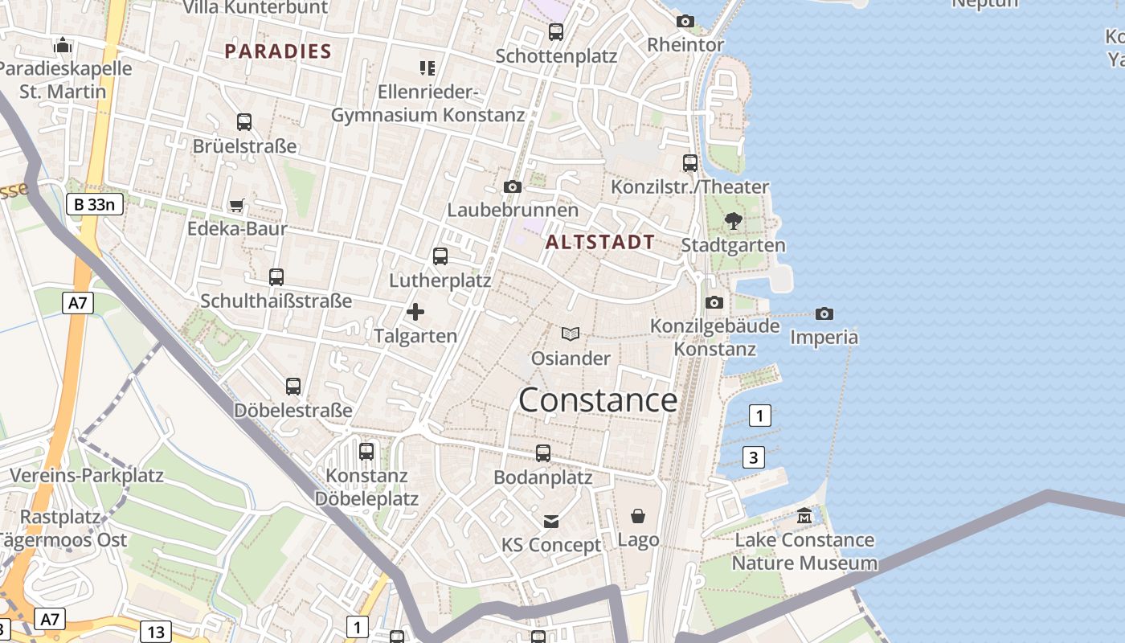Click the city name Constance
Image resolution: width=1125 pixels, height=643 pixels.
click(598, 400)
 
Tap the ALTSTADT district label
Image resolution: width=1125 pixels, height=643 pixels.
click(600, 242)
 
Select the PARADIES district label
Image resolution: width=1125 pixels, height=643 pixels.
click(278, 51)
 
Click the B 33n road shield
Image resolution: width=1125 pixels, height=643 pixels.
click(94, 204)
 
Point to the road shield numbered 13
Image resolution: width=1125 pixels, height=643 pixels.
click(156, 632)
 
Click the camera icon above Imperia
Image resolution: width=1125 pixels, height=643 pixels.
click(824, 313)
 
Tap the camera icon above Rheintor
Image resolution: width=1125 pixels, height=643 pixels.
click(685, 21)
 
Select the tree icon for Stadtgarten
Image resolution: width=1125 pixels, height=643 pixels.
click(733, 221)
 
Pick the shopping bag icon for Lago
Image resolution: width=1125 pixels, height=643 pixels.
click(638, 516)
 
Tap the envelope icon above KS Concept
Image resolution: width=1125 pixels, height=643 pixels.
click(551, 522)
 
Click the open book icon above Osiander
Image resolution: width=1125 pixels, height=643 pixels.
click(571, 334)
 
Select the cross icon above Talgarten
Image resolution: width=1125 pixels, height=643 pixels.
click(415, 312)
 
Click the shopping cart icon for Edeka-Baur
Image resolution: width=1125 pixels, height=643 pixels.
click(237, 206)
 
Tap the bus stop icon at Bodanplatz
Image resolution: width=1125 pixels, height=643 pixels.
click(543, 453)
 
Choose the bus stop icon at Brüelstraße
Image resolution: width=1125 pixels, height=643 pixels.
click(244, 122)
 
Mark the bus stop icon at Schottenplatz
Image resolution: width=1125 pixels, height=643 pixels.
click(556, 32)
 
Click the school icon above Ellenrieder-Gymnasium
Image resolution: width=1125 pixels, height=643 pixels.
click(427, 68)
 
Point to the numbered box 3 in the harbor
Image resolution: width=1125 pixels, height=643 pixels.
click(753, 457)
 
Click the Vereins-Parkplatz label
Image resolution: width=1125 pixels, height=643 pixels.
click(87, 475)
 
